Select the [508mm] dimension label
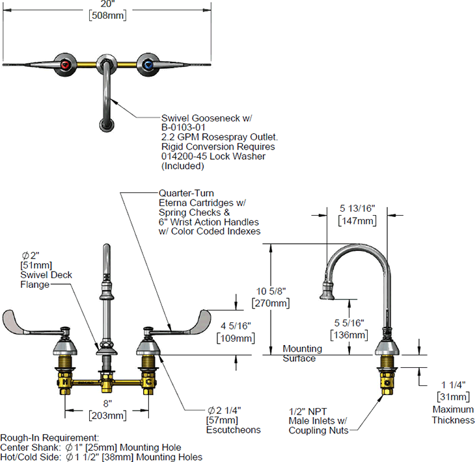coord(109,16)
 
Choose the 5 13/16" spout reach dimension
coord(357,209)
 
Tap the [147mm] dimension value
coord(357,221)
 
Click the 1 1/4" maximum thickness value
coord(452,385)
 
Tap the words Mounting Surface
coord(299,353)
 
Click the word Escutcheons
coord(234,430)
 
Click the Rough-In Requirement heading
coord(49,438)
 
